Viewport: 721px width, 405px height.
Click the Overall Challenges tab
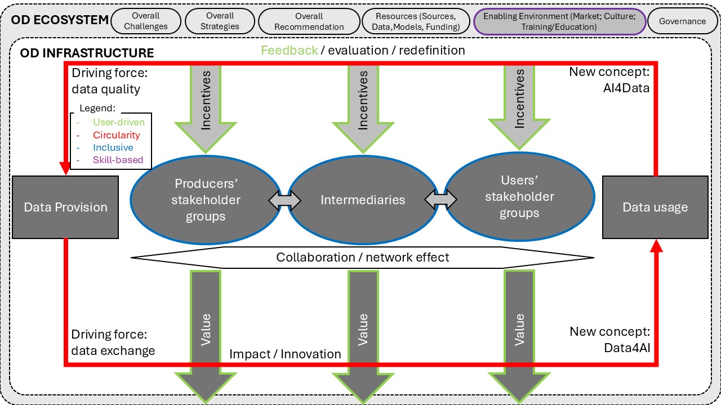point(146,21)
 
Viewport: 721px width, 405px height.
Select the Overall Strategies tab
point(220,21)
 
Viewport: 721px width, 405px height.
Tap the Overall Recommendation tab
point(309,21)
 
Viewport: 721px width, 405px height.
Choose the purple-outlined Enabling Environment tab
point(559,21)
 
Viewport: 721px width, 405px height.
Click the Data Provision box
point(65,207)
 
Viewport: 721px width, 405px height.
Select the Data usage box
point(655,207)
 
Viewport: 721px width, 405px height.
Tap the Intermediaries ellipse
point(363,200)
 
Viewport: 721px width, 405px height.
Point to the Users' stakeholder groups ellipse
point(519,197)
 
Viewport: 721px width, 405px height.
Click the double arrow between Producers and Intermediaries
point(284,200)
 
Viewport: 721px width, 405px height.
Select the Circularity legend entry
point(116,135)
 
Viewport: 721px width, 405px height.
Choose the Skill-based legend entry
point(118,160)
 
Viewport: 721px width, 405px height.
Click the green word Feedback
point(289,51)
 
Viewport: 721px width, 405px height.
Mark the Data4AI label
point(626,348)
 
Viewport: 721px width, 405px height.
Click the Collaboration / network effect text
point(362,257)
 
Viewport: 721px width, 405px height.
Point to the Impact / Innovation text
point(285,354)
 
